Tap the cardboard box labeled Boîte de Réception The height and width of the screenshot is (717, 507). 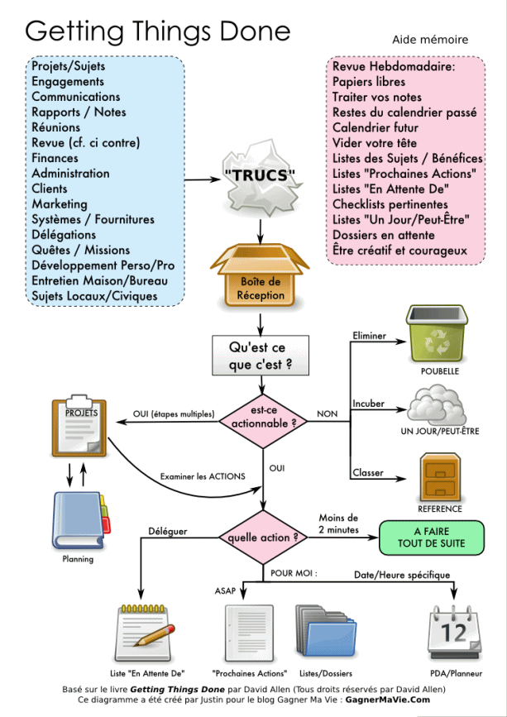(x=261, y=274)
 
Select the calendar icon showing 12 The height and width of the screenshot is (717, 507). (x=454, y=633)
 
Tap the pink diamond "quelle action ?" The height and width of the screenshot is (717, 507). (x=263, y=538)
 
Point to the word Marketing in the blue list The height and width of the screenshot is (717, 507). (x=60, y=203)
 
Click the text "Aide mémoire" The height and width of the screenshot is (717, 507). (x=430, y=39)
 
